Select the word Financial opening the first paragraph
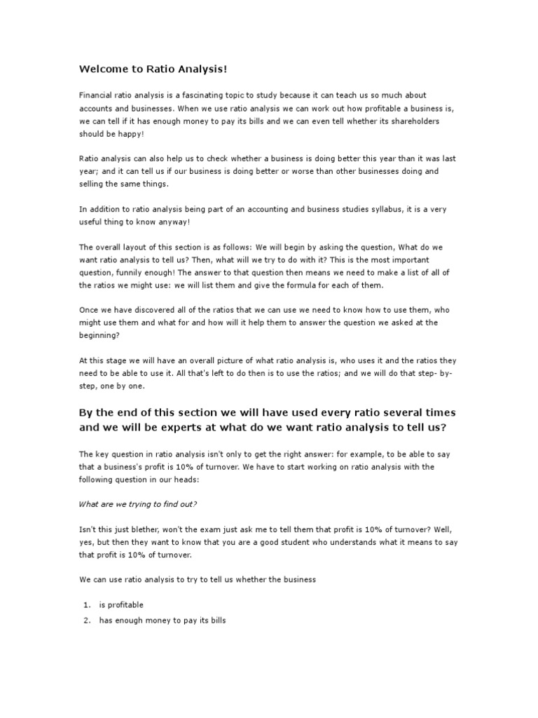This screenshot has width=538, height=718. coord(97,95)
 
